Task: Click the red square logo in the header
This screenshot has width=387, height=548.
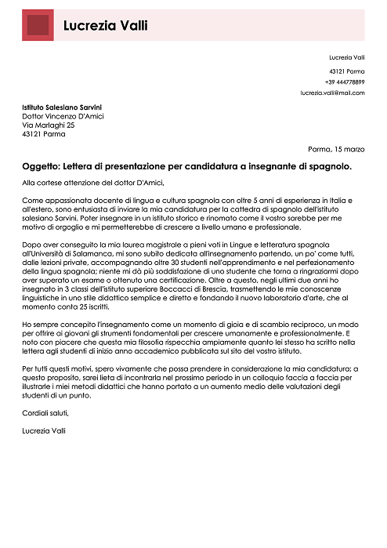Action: [38, 25]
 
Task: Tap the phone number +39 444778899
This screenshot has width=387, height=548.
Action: [345, 82]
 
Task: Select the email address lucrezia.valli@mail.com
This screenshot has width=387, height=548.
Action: [332, 93]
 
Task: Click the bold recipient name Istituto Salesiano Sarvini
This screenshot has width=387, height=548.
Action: [62, 107]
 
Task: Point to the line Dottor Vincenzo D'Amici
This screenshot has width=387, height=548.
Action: [63, 115]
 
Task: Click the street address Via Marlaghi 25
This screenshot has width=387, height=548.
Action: [49, 125]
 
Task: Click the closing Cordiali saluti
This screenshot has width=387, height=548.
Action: [46, 413]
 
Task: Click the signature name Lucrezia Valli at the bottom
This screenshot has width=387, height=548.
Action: [45, 430]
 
